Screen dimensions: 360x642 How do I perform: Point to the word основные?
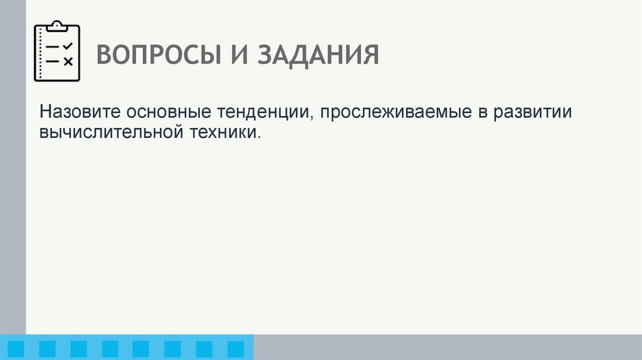tap(169, 112)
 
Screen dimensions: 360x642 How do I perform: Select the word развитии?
tap(532, 114)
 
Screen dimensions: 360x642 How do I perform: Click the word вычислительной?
tap(107, 133)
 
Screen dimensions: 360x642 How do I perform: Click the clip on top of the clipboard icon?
tap(57, 26)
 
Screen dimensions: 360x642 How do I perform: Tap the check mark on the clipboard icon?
tap(68, 46)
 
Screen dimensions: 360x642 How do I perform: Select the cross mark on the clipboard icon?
tap(68, 61)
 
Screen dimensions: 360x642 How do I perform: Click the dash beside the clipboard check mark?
tap(53, 47)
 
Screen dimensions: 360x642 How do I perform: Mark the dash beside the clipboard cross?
tap(53, 61)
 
